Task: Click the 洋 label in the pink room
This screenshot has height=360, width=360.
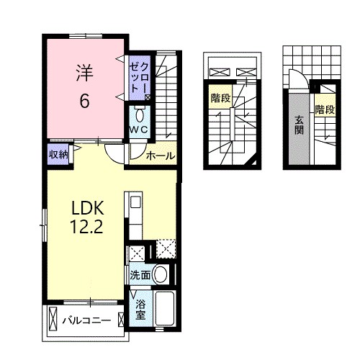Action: tap(84, 73)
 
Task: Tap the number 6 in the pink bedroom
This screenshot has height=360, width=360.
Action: tap(84, 101)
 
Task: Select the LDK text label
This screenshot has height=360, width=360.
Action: tap(88, 208)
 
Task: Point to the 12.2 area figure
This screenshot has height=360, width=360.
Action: tap(86, 227)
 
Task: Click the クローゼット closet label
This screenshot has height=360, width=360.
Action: tap(139, 77)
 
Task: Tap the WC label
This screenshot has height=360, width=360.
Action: tap(139, 130)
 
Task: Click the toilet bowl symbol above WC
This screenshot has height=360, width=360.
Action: tap(140, 115)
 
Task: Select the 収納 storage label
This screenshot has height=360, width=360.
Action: tap(58, 155)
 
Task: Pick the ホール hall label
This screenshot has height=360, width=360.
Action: tap(161, 156)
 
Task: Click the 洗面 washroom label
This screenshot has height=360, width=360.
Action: tap(140, 275)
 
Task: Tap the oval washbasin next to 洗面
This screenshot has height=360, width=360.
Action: tap(160, 274)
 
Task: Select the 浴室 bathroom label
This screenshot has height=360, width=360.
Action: tap(140, 310)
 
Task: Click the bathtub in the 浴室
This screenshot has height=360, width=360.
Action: tap(164, 308)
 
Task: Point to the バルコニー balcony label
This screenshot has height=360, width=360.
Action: tap(87, 320)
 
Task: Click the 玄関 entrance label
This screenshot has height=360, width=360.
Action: tap(299, 125)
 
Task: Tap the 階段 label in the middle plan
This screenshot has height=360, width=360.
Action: tap(220, 98)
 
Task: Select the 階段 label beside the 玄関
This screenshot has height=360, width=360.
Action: tap(325, 109)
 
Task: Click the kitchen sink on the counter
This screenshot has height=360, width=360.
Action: tap(136, 203)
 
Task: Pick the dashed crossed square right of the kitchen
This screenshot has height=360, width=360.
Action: tap(166, 248)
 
